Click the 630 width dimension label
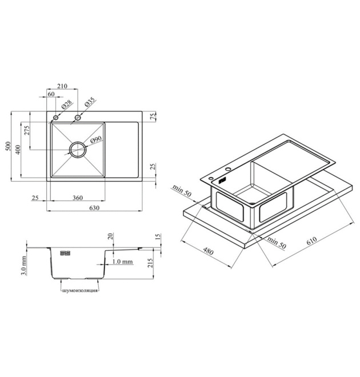click(94, 208)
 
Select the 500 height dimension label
click(8, 146)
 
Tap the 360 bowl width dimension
click(78, 198)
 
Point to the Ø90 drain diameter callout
click(96, 140)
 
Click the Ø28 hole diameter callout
click(66, 105)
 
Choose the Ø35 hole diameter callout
click(90, 102)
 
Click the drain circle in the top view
click(78, 150)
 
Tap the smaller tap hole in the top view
click(55, 118)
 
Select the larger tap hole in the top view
click(78, 118)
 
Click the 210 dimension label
click(62, 86)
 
